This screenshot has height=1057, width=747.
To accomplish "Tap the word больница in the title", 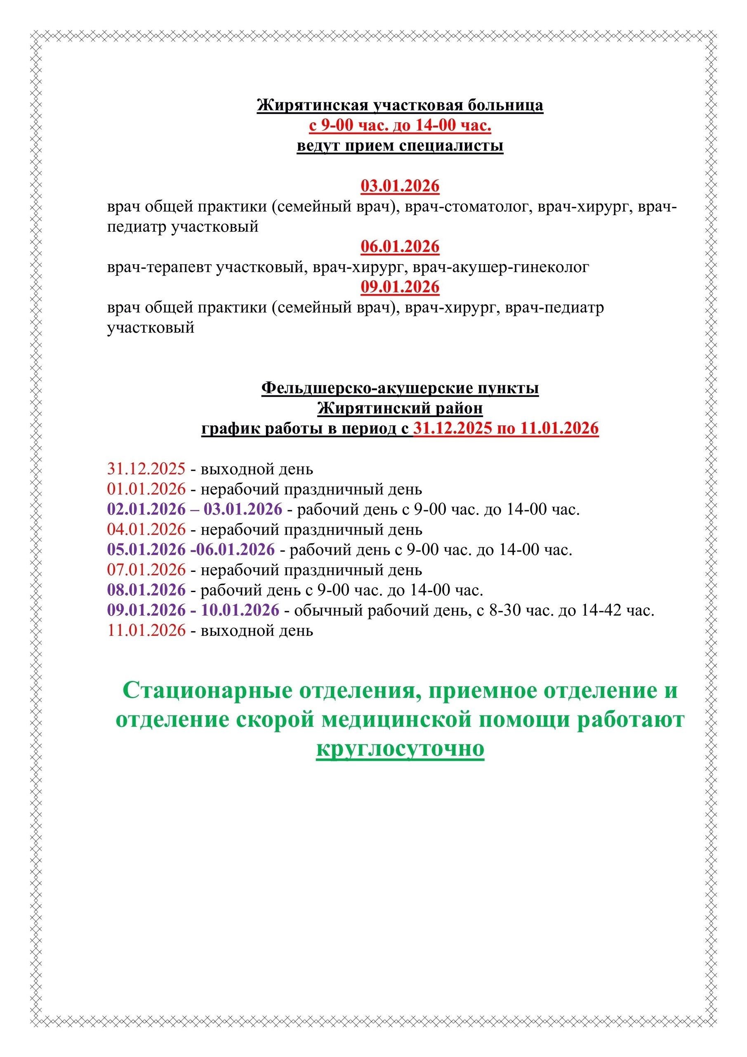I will click(x=506, y=105).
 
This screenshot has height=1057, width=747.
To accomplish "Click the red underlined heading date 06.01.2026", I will click(x=400, y=247).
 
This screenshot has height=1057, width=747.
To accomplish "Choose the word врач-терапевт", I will click(x=159, y=267).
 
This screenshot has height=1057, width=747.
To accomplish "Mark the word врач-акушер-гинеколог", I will click(x=501, y=267).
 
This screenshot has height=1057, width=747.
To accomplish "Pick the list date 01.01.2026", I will click(x=146, y=489).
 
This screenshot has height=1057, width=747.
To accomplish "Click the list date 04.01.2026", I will click(x=146, y=529).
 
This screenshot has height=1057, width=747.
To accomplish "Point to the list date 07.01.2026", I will click(x=146, y=570).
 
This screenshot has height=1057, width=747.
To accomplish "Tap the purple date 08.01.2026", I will click(x=146, y=590).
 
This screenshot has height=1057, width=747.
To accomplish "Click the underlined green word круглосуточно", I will click(x=400, y=749).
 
